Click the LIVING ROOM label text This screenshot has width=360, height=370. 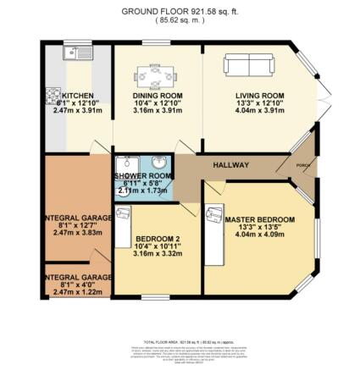(x=259, y=96)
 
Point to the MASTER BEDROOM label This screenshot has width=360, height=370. (x=259, y=220)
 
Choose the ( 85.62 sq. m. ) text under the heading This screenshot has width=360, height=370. (x=180, y=22)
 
